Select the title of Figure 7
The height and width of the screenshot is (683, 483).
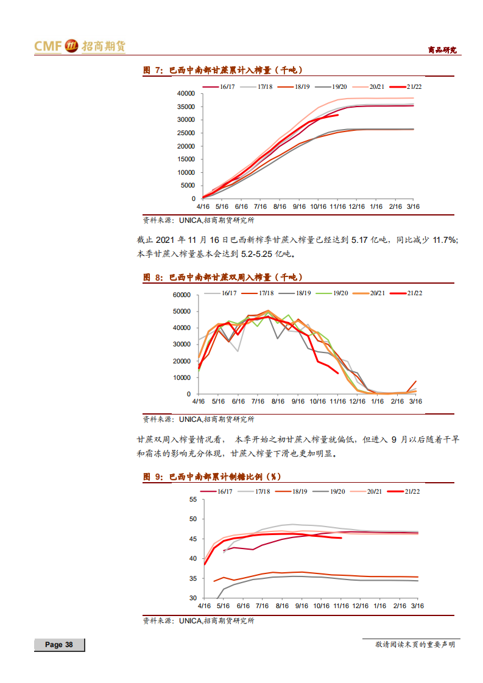(x=222, y=71)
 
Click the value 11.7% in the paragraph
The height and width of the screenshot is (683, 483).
(x=445, y=240)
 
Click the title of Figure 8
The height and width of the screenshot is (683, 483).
(x=222, y=277)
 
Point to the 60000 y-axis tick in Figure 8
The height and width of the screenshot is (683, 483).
(x=182, y=295)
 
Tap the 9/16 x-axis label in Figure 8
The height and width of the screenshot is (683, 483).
(x=298, y=402)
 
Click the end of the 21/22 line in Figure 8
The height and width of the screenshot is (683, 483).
(x=338, y=374)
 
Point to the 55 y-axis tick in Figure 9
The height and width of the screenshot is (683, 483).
(x=193, y=500)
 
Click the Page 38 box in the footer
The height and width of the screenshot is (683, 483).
(x=59, y=645)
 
